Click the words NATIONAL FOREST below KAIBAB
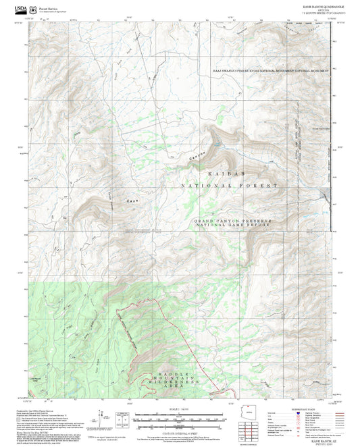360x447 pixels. (x=228, y=185)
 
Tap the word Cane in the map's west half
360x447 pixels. (x=133, y=201)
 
